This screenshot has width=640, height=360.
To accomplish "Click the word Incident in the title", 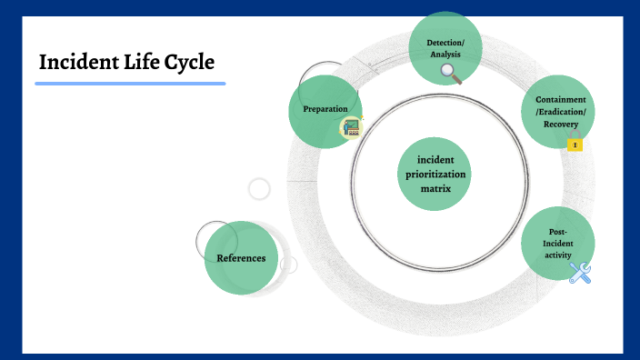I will pos(79,63).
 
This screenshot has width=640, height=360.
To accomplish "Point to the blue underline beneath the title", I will pos(130,84).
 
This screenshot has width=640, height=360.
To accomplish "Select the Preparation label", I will pos(325,109).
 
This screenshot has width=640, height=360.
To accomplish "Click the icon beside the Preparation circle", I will pos(351,127).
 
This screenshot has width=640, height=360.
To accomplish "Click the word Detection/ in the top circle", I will pos(445,42).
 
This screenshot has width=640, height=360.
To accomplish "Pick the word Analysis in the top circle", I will pos(445,55).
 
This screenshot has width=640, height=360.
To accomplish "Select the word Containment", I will pos(560,99).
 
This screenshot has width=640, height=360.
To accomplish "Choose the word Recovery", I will pos(560,124).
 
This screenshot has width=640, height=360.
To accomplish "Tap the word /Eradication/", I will pos(560,112).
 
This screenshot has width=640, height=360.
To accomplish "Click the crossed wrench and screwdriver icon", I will pos(580,272).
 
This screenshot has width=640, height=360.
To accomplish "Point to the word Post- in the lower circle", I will pos(558,232).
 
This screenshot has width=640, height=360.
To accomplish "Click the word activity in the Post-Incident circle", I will pos(557,255).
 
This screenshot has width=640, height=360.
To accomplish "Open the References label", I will pos(241,258).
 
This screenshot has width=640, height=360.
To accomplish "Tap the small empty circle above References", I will pos(259,189).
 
